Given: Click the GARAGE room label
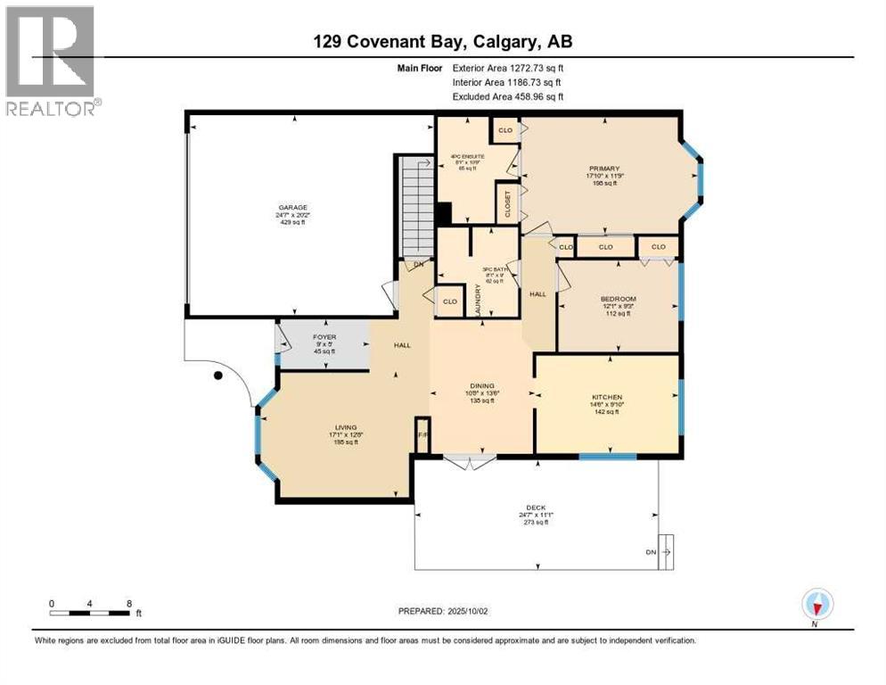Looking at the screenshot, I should (x=291, y=207).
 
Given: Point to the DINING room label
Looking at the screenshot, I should (x=482, y=386).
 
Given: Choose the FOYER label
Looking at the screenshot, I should (x=324, y=338).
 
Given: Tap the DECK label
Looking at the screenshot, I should (x=535, y=508).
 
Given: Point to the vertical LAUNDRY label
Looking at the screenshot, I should (x=479, y=300).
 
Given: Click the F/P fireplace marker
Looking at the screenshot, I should (x=422, y=435).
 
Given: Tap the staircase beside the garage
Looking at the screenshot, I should (x=412, y=207).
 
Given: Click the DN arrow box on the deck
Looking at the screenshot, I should (x=665, y=551).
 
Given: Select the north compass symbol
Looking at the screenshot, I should (x=816, y=606).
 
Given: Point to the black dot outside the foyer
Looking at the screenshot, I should (x=217, y=376).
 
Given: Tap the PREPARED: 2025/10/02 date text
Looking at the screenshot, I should (x=442, y=611).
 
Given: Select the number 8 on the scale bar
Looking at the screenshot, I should (x=129, y=603).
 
